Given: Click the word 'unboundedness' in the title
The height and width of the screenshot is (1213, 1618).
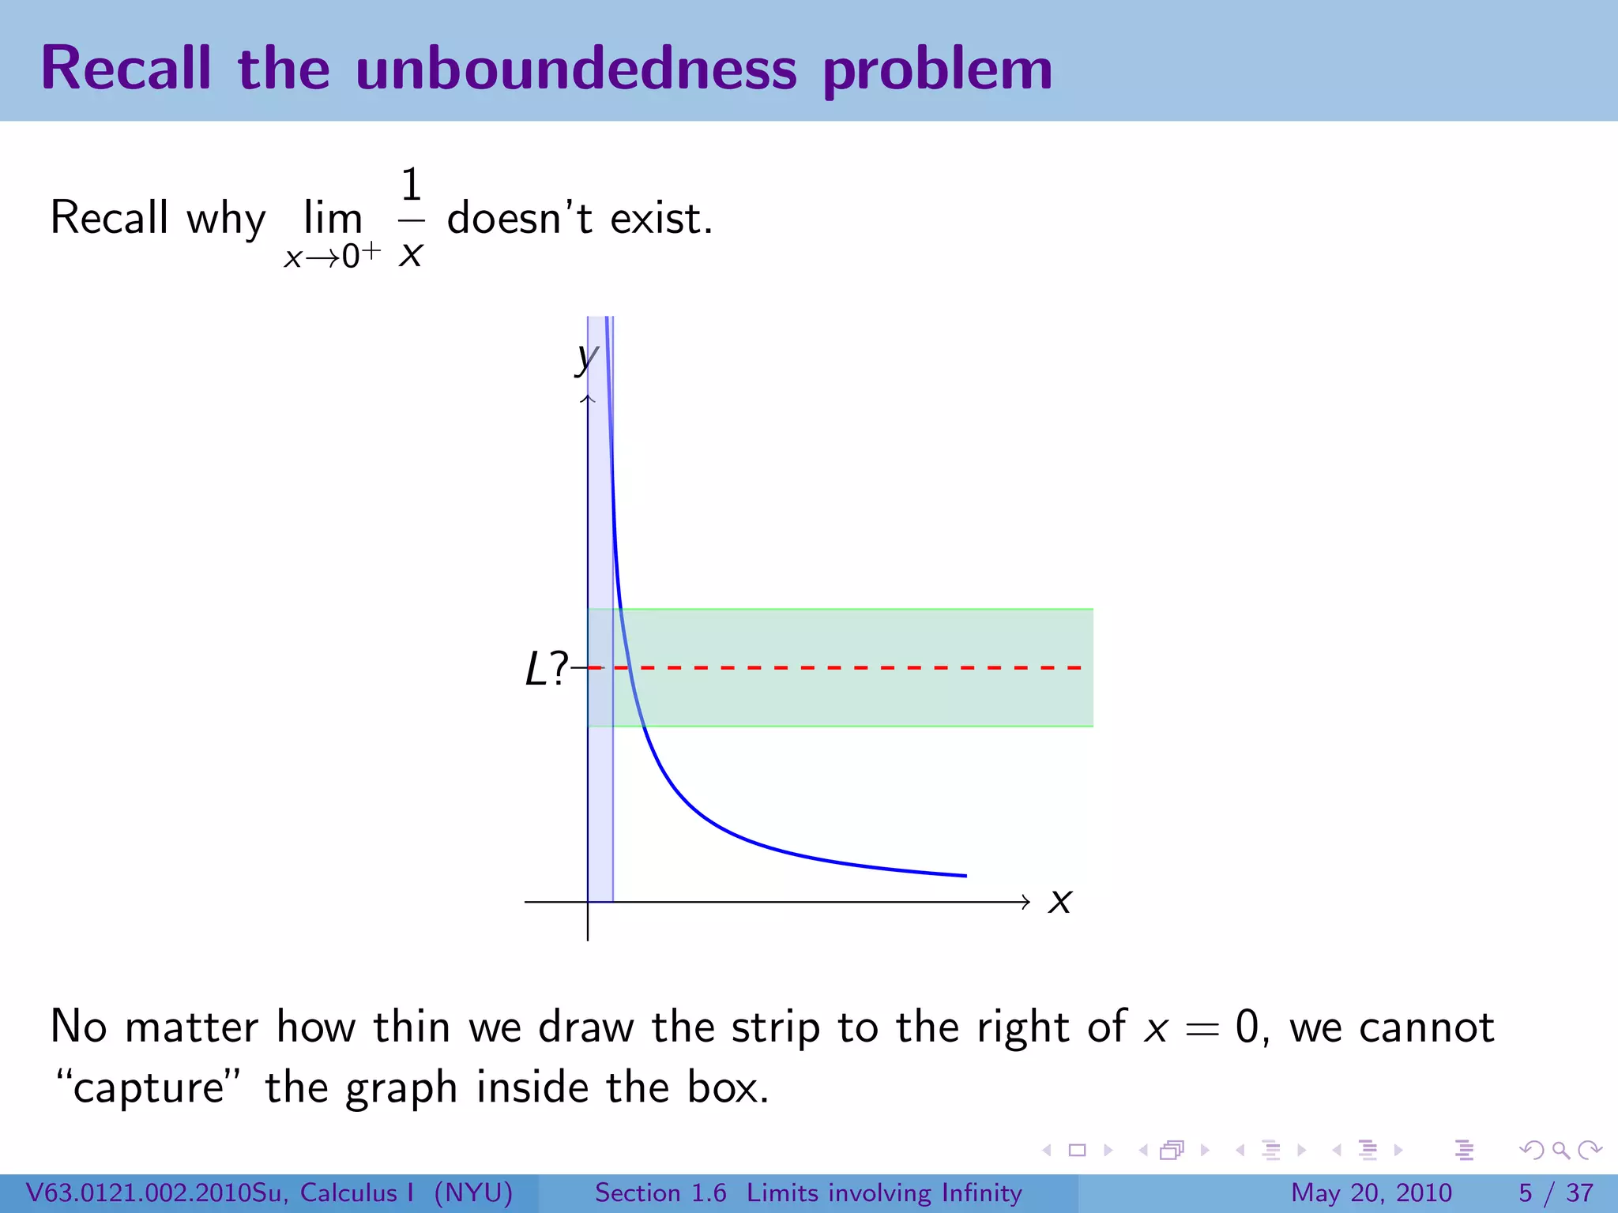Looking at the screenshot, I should click(x=576, y=69).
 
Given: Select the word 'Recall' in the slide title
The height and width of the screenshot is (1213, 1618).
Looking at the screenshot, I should click(x=126, y=69).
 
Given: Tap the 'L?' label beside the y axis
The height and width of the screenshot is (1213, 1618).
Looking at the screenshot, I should click(x=546, y=670).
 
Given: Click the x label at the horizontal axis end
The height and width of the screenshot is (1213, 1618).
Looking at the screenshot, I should click(x=1059, y=901).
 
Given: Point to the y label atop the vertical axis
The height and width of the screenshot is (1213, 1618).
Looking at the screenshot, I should click(x=586, y=359).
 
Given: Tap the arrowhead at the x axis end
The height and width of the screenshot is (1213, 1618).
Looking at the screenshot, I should click(x=1025, y=901).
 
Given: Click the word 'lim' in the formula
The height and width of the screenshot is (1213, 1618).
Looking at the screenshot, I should click(x=333, y=218).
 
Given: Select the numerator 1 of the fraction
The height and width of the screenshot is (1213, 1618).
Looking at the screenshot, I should click(x=411, y=186).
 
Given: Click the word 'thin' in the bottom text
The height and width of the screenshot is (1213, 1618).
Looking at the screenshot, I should click(x=412, y=1027).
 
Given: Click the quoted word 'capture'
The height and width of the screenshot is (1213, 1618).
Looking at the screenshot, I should click(x=149, y=1089).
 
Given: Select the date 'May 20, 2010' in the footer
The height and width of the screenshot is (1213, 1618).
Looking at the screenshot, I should click(x=1371, y=1192).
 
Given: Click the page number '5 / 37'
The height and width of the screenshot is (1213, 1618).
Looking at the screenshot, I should click(x=1556, y=1192).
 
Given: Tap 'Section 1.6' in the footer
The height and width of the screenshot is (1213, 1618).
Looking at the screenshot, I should click(x=660, y=1192).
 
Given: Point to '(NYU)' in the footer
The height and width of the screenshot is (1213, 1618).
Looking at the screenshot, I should click(x=473, y=1192).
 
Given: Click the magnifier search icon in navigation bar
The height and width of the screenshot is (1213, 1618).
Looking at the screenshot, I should click(x=1560, y=1150).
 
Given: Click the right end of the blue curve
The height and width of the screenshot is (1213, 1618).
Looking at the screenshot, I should click(x=965, y=875).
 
